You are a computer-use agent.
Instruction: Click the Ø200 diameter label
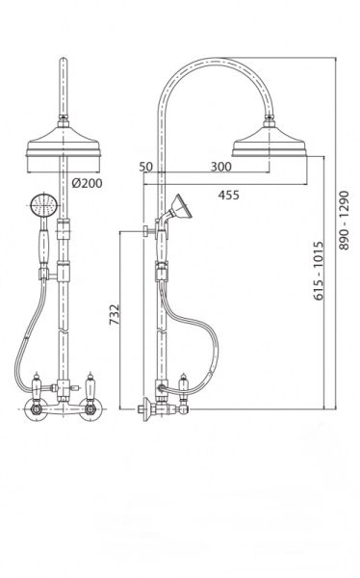click(x=87, y=183)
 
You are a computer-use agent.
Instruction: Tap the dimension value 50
click(x=146, y=167)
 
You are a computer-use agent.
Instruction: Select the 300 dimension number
click(x=221, y=167)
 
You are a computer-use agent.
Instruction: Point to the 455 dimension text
click(x=228, y=195)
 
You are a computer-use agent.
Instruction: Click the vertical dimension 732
click(x=115, y=314)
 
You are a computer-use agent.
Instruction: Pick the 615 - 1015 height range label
click(x=319, y=271)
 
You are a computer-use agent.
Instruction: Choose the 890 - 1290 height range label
click(x=344, y=220)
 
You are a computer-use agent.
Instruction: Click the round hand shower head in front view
click(x=44, y=205)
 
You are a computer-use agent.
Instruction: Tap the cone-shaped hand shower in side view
click(x=181, y=206)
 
